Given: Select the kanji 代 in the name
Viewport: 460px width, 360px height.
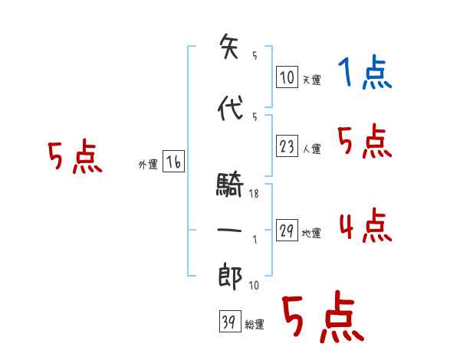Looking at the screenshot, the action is [229, 109].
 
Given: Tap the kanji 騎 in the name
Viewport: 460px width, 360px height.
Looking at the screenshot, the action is [229, 184].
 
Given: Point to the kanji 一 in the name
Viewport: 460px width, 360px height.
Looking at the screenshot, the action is [229, 231].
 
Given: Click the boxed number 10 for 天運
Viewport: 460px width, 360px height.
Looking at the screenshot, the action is [287, 77].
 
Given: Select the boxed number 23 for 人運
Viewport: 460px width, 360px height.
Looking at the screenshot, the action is [287, 146].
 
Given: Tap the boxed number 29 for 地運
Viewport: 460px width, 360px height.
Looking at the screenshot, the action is [287, 231].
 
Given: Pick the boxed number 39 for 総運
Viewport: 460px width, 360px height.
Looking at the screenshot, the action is [228, 322].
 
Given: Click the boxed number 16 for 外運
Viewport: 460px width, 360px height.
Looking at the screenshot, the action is [173, 162].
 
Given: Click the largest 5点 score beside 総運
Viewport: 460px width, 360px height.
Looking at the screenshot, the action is [322, 317].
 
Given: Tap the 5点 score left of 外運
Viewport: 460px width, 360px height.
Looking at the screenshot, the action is [74, 158].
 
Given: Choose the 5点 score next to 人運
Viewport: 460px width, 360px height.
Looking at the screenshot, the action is [365, 142].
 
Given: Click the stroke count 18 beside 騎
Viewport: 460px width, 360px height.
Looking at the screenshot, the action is [254, 195].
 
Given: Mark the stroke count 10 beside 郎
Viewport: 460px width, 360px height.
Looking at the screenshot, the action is [254, 286].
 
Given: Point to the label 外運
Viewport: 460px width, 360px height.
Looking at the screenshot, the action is [147, 164].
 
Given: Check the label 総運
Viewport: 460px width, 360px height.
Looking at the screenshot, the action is [255, 325].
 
